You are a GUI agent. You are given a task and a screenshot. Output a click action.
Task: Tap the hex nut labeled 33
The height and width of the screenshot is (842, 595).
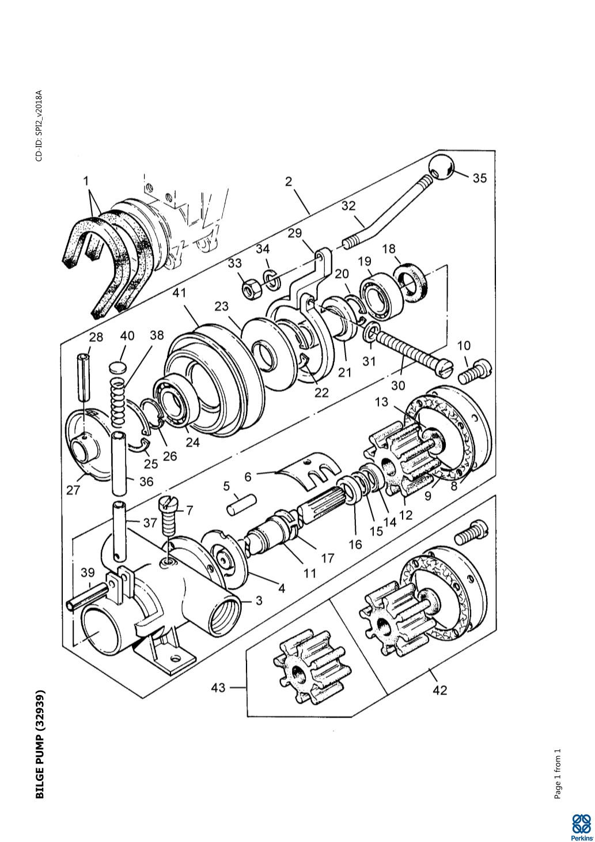pyautogui.click(x=249, y=290)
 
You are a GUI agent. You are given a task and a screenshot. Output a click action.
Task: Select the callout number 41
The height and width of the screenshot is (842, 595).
pyautogui.click(x=179, y=293)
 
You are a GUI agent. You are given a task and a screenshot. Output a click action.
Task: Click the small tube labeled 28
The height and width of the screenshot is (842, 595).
pyautogui.click(x=85, y=377)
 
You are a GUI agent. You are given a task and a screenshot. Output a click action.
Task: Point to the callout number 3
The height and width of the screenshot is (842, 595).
pyautogui.click(x=259, y=601)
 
